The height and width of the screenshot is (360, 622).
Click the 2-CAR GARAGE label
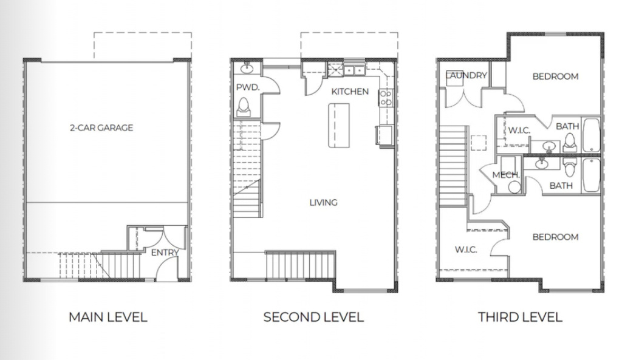tap(101, 128)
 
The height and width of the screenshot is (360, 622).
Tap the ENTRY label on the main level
tap(165, 253)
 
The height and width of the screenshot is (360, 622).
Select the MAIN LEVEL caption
tap(108, 317)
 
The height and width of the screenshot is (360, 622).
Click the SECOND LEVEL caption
tap(313, 317)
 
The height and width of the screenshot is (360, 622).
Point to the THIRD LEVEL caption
tap(520, 317)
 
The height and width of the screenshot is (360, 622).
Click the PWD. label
tap(248, 88)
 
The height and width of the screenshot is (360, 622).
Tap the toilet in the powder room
tap(244, 107)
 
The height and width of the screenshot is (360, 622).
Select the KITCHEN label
tap(349, 92)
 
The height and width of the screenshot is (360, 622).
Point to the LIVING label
tap(323, 202)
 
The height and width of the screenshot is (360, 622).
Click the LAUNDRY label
tap(466, 76)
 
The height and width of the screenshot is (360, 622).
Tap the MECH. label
tap(506, 175)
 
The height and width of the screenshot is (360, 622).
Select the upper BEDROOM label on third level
tap(555, 76)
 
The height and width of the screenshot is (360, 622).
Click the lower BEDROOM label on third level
tap(555, 237)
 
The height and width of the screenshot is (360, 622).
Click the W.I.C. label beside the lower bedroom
tap(466, 250)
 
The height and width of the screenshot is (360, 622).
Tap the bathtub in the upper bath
tap(591, 135)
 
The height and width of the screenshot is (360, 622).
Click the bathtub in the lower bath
tap(591, 175)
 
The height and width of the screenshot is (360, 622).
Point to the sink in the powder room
tap(248, 67)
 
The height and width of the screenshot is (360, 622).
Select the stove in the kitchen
tap(385, 97)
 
